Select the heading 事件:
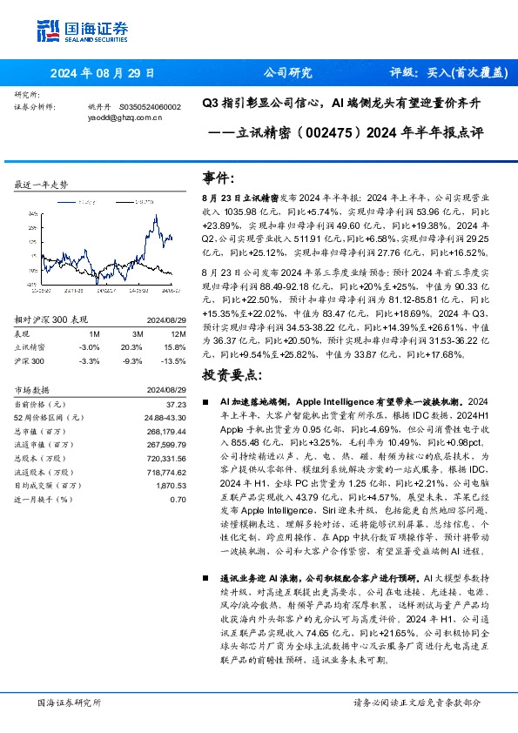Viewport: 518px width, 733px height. (219, 178)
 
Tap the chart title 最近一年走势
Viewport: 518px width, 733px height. (42, 185)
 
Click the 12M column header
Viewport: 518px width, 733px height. (176, 333)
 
